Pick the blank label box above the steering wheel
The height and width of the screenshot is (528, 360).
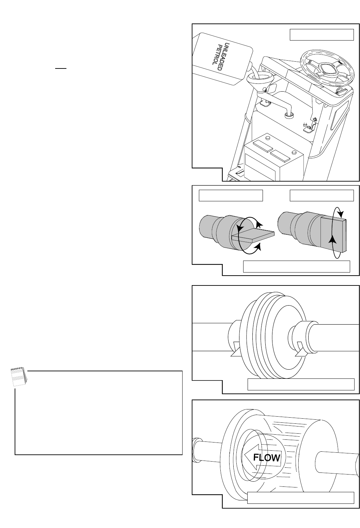(x=322, y=35)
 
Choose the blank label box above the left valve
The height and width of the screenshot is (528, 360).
(x=231, y=196)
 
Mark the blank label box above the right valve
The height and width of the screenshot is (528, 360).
(x=322, y=196)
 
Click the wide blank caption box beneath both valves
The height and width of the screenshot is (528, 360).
(x=297, y=266)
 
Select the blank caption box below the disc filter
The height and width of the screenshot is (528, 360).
(x=301, y=385)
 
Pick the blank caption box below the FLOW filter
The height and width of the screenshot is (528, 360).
(x=301, y=498)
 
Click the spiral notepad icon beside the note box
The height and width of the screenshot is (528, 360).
(x=19, y=376)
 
